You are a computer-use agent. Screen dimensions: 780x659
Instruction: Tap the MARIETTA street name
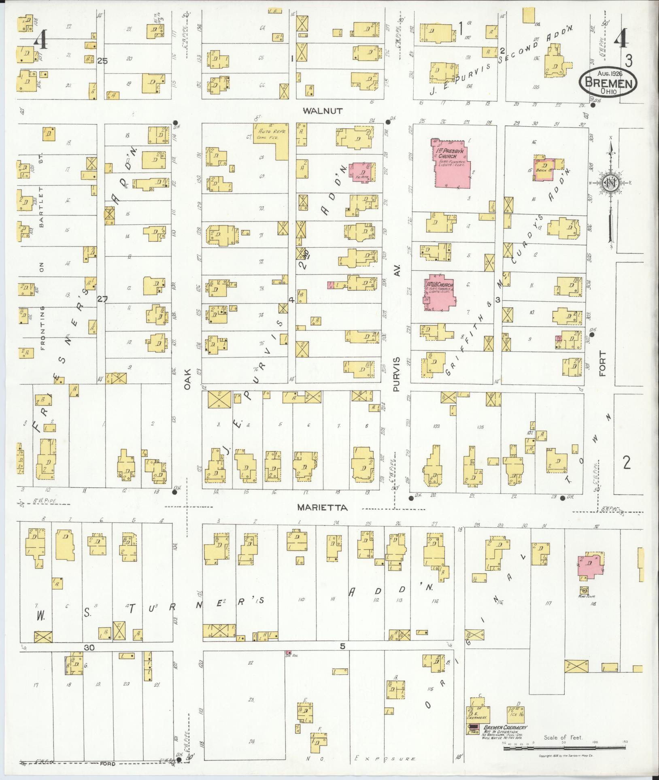click(323, 508)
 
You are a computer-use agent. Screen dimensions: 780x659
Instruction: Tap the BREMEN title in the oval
click(608, 84)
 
